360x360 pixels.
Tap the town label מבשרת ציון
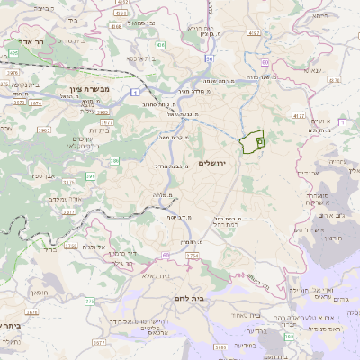pyautogui.click(x=89, y=89)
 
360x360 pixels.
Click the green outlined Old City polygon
pyautogui.click(x=252, y=141)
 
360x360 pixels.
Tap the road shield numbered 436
pyautogui.click(x=159, y=43)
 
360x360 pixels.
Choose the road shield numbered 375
pyautogui.click(x=89, y=301)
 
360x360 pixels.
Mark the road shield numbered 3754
pyautogui.click(x=192, y=256)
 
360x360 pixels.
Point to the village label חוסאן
pyautogui.click(x=43, y=293)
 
